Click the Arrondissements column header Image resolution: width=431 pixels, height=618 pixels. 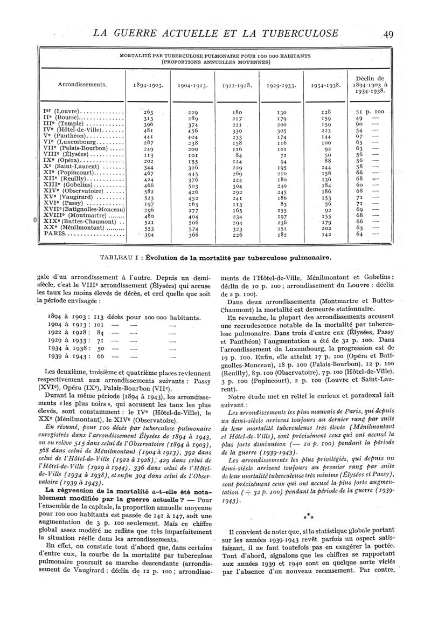82,84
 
